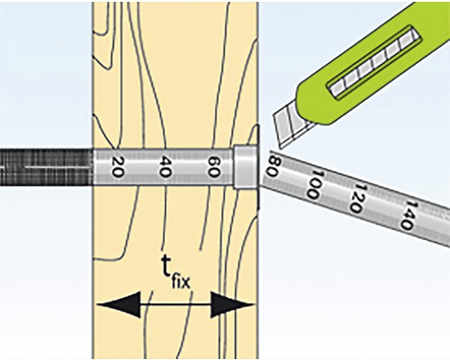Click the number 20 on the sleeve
116,166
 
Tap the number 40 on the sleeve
165,166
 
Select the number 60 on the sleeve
213,166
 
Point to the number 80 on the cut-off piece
274,165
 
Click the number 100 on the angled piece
316,184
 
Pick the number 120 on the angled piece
358,198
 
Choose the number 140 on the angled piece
409,215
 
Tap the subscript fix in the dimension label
181,282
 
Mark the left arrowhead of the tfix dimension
119,304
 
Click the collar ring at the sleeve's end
246,166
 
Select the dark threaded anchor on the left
46,166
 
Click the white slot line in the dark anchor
58,166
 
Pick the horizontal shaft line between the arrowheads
175,304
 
